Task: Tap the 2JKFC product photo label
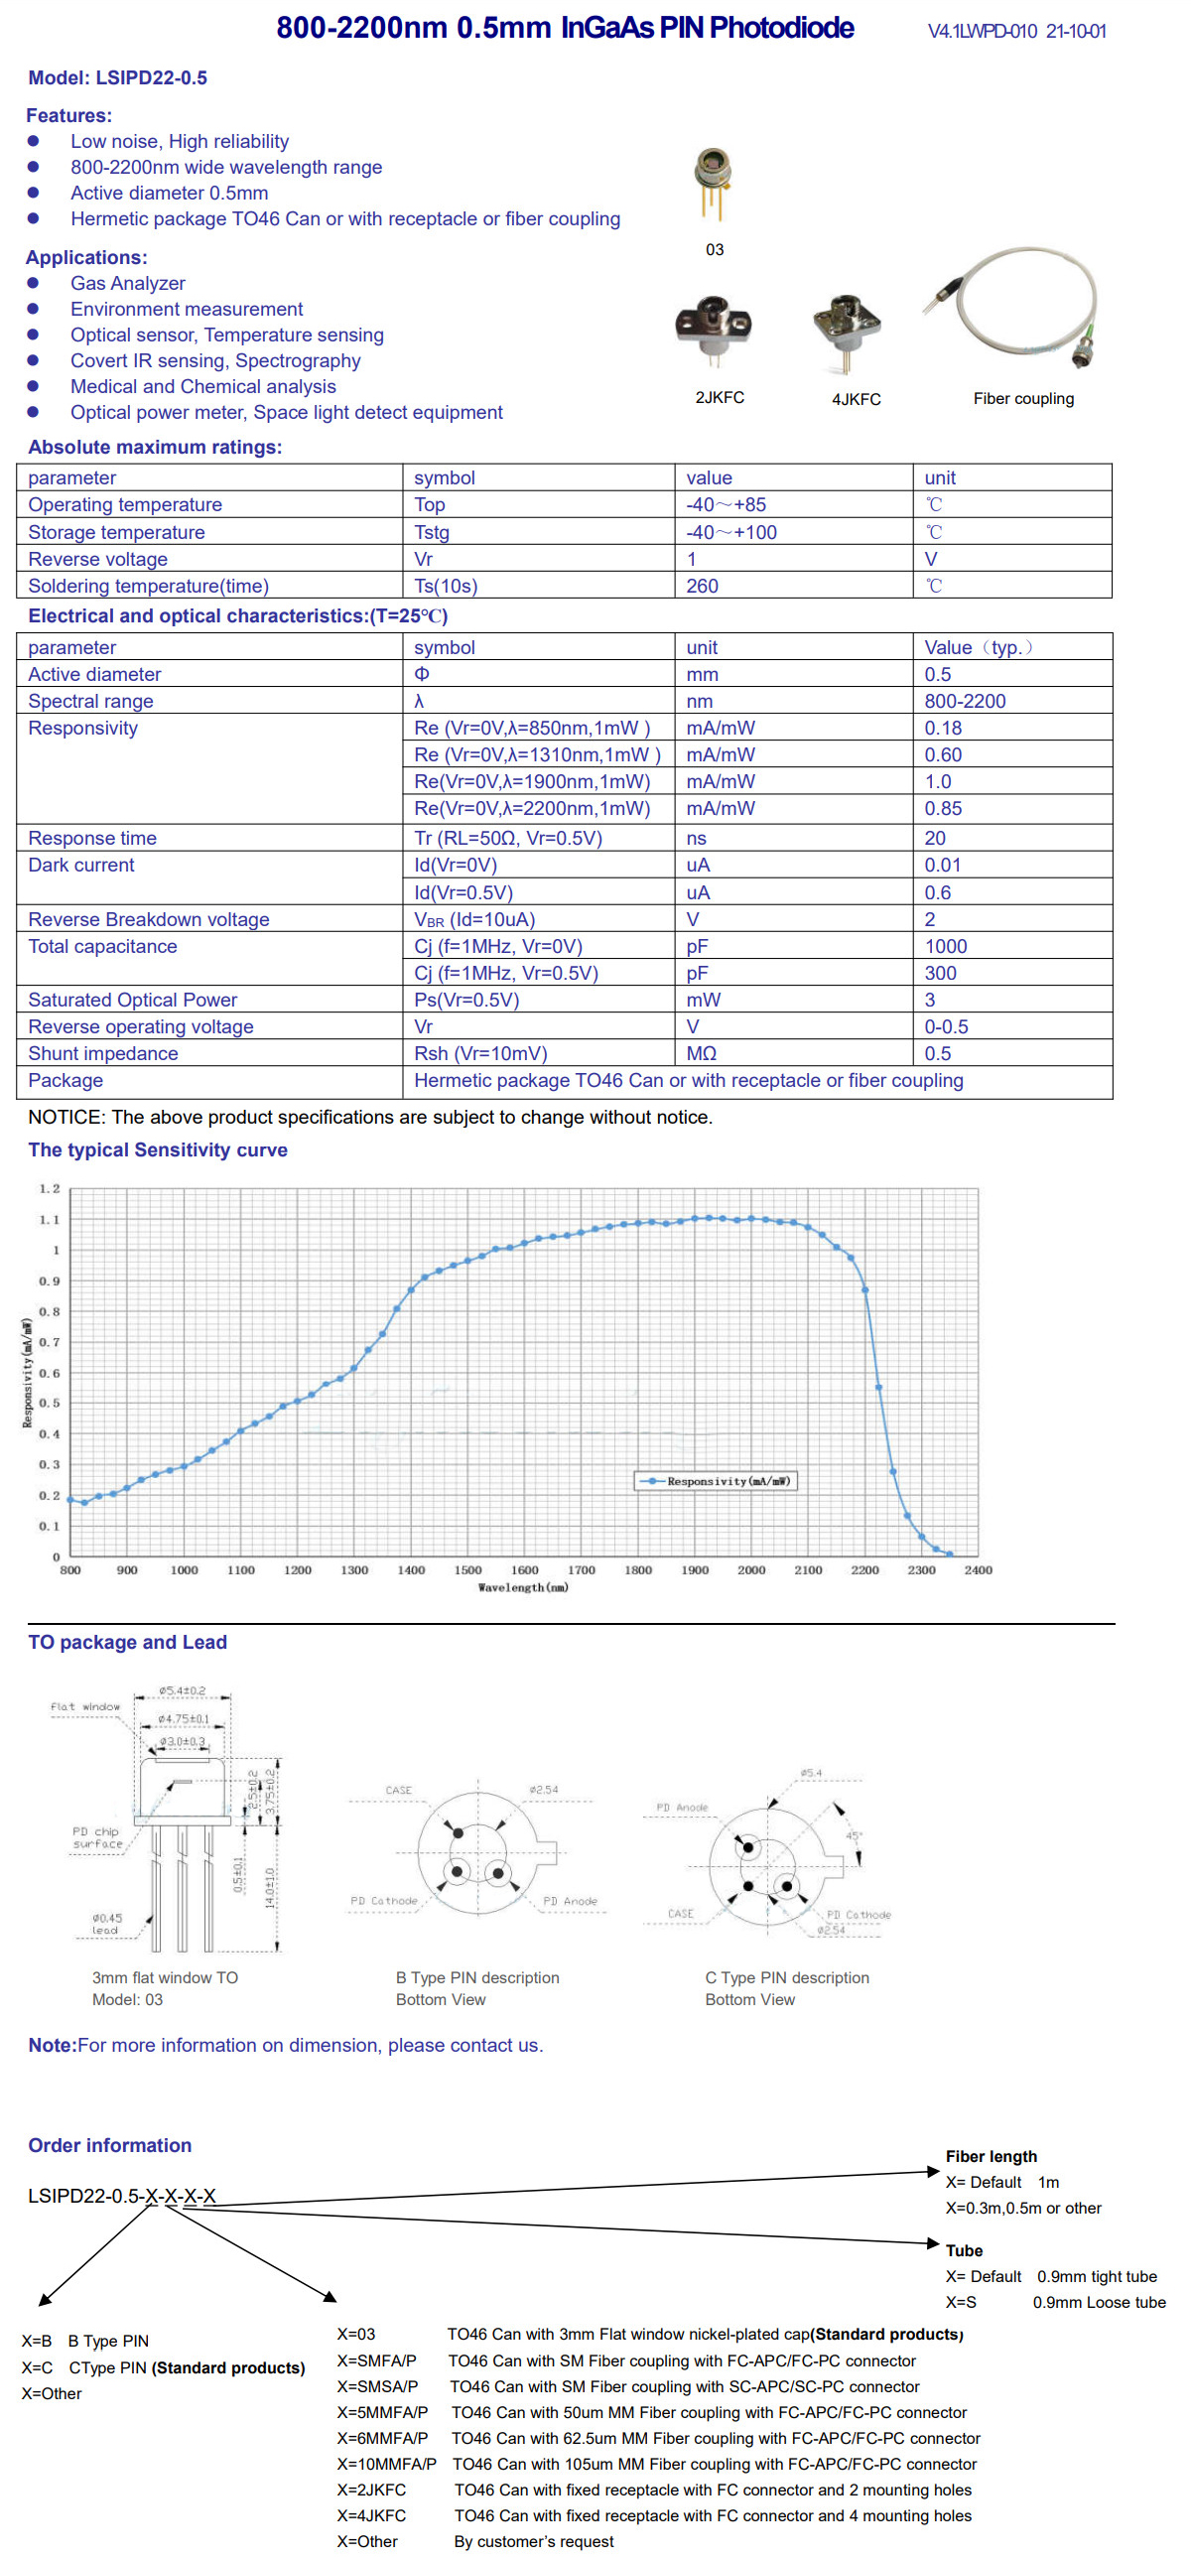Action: click(x=719, y=398)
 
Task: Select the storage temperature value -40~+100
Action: click(x=730, y=532)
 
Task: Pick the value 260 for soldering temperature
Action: click(x=702, y=586)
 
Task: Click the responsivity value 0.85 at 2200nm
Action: click(x=943, y=808)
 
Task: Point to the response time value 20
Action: click(x=935, y=838)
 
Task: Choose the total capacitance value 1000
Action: click(x=945, y=946)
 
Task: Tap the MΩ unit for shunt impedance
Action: click(x=701, y=1054)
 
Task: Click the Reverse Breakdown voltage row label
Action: click(x=148, y=919)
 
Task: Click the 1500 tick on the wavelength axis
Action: click(x=467, y=1570)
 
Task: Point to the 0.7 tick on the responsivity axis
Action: click(x=50, y=1342)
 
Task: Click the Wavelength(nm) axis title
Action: click(x=523, y=1587)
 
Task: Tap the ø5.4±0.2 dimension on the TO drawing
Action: click(x=182, y=1690)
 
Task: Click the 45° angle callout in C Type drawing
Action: click(x=853, y=1836)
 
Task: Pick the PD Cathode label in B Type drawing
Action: click(x=384, y=1901)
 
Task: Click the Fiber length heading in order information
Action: click(x=991, y=2156)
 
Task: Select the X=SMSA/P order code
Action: click(x=377, y=2386)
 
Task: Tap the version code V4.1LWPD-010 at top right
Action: click(x=982, y=32)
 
